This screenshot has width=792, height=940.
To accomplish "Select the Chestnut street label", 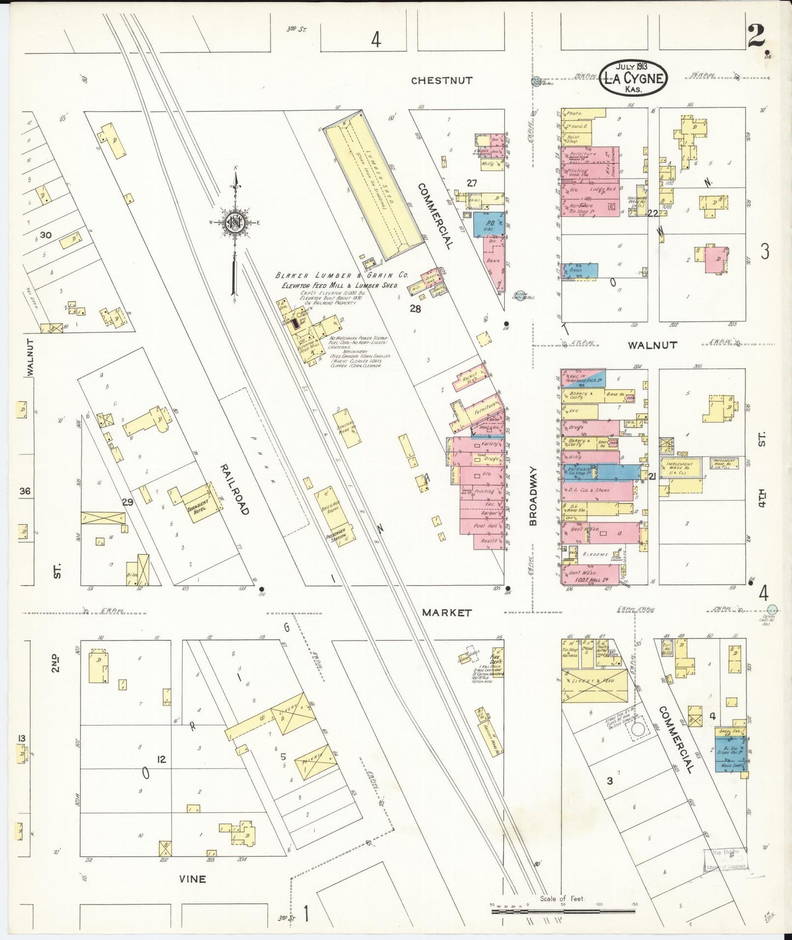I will tap(442, 81).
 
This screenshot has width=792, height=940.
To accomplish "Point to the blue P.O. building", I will tap(485, 224).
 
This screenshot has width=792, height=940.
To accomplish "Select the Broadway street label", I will tap(534, 496).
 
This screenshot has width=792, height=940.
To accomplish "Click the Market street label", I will tap(447, 613).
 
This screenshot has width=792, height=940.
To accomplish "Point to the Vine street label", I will tap(193, 879).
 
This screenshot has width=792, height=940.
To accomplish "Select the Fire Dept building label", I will tap(495, 660).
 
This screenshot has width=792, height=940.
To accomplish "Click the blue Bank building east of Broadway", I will tap(580, 270).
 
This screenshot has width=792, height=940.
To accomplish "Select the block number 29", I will tap(128, 502).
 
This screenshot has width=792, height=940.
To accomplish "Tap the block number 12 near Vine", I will tap(161, 760).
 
